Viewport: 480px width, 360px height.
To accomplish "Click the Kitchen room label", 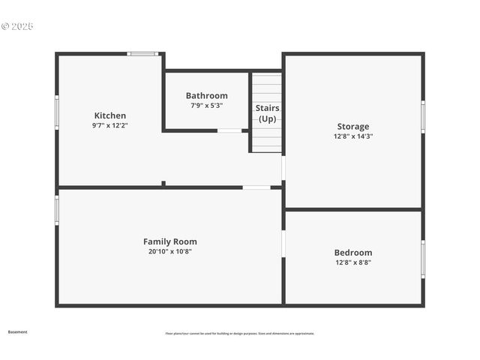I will (109, 115).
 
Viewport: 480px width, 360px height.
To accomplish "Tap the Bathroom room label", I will (206, 96).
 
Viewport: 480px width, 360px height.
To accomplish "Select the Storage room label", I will (352, 127).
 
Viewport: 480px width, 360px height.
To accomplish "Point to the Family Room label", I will (170, 241).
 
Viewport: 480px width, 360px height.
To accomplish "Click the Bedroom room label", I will (352, 253).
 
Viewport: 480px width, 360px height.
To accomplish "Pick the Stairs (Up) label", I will (267, 113).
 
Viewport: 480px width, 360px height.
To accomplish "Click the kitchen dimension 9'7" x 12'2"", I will (109, 126).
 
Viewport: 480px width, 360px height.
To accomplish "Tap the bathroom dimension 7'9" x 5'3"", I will (206, 106).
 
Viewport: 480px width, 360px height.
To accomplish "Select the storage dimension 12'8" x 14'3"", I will (352, 136).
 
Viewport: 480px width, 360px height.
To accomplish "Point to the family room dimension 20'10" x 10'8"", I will (170, 251).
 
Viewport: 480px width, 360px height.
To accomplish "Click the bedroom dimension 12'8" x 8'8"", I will (352, 262).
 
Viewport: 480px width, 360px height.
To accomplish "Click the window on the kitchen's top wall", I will (142, 54).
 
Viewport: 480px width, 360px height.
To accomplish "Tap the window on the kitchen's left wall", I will (57, 112).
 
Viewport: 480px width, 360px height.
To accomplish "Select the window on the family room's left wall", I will (57, 210).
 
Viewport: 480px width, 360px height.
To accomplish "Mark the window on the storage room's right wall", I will (423, 117).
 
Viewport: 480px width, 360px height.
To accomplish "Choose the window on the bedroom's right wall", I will (423, 259).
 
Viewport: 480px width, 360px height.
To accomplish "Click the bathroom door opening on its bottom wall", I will (229, 130).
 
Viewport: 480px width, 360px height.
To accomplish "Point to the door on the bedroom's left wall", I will (283, 243).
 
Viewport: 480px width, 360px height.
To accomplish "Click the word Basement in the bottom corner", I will (17, 331).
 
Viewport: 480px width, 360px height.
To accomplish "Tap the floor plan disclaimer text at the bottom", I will (240, 334).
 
